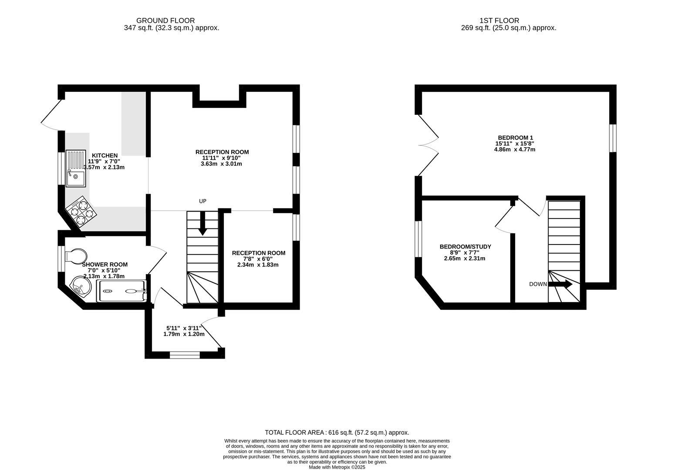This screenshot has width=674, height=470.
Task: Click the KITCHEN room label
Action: tap(104, 155)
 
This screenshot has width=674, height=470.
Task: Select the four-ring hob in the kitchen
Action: tap(81, 212)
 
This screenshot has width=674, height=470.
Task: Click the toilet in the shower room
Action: tap(74, 255)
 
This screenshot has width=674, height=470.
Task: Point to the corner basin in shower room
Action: tap(80, 286)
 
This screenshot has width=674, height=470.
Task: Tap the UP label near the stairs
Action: tap(202, 201)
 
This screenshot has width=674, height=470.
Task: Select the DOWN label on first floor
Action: tap(538, 284)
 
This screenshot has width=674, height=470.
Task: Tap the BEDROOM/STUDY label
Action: tap(465, 247)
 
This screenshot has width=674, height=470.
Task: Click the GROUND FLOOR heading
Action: tap(165, 20)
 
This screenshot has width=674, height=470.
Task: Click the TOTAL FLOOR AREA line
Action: tap(337, 433)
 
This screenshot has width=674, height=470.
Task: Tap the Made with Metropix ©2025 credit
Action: tap(337, 467)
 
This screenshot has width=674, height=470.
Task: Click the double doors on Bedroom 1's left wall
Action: tap(428, 145)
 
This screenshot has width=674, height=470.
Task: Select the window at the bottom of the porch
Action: tap(185, 355)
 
